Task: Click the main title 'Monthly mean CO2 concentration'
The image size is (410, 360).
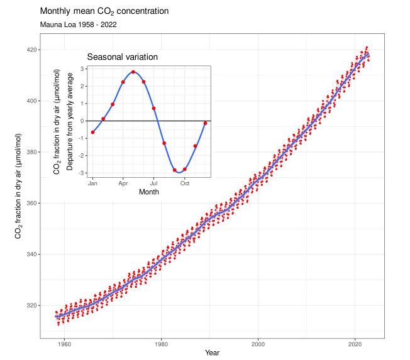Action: point(104,12)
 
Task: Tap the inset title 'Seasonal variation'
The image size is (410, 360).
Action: point(122,57)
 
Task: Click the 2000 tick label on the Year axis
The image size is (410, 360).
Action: point(258,344)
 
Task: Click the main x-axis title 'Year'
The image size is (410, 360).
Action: point(212,353)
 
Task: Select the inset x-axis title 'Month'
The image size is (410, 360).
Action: point(149,192)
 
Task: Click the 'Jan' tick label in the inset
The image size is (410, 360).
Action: point(92,183)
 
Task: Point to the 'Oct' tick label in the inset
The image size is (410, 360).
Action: point(184,183)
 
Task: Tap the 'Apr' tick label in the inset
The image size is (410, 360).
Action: point(123,183)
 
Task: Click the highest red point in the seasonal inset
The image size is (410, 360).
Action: point(133,72)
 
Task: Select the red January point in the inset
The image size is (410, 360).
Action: point(92,132)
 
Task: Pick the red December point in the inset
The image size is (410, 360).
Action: point(205,123)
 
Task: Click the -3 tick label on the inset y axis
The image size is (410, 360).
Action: point(81,173)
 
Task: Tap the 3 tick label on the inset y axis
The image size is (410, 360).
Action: point(82,68)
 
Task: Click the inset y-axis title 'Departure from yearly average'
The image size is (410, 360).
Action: point(70,123)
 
